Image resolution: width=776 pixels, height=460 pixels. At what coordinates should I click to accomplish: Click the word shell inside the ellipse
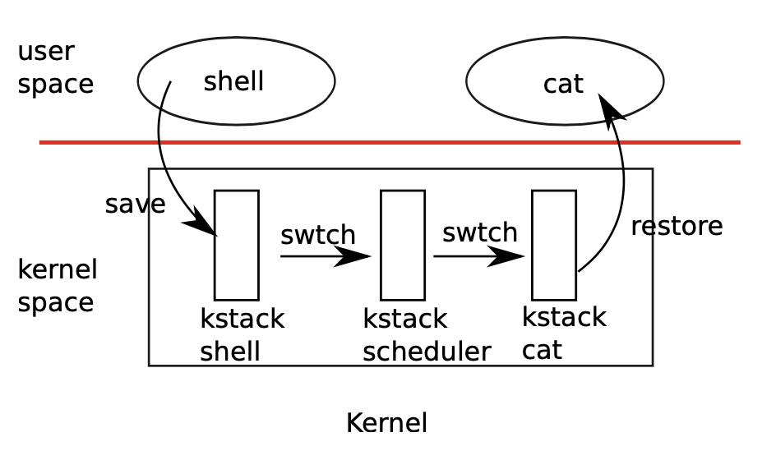pos(233,81)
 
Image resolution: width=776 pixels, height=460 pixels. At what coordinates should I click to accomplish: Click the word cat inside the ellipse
pos(563,84)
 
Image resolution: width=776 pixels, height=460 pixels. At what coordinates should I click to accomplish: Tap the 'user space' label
pos(55,67)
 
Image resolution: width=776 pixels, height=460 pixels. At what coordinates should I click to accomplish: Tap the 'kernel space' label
pos(57,286)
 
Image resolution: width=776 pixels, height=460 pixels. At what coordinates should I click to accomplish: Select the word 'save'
pos(135,205)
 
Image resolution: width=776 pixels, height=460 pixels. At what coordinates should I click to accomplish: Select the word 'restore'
pos(677,226)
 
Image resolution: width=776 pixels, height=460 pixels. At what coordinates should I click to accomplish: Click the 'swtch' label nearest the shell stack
pos(317,235)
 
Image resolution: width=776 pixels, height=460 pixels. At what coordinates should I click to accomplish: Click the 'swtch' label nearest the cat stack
pos(479,232)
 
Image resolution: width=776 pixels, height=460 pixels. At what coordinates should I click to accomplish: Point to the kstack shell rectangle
pos(237,245)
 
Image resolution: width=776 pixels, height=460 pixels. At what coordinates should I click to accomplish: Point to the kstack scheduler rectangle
pos(403,245)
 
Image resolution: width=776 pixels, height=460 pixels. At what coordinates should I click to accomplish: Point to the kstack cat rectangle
pos(554,245)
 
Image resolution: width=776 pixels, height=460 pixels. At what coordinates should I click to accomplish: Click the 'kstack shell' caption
pos(242,335)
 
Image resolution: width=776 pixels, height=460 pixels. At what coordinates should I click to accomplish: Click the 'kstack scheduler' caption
pos(426,335)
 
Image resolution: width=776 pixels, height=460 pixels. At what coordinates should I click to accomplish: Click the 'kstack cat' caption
pos(563,333)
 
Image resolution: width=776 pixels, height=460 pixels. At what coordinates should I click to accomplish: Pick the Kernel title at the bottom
pos(386,423)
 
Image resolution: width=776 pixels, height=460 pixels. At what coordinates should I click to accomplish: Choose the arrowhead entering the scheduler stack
pos(355,256)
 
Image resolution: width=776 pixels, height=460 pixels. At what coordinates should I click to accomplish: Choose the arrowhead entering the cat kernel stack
pos(507,256)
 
